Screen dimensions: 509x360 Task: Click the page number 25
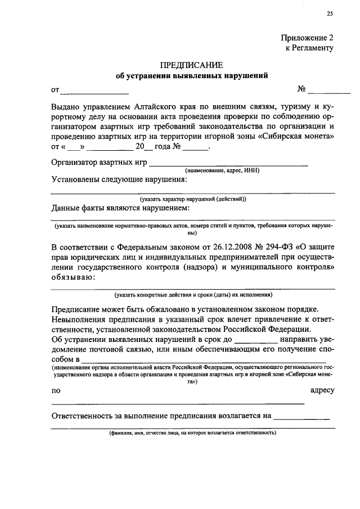coord(330,14)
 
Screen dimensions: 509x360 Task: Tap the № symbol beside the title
coord(301,89)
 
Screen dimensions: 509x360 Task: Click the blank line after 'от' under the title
coord(94,91)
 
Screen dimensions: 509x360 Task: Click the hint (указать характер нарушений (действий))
coord(193,199)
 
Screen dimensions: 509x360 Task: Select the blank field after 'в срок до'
coord(255,340)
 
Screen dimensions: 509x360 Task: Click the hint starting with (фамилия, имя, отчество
coord(192,434)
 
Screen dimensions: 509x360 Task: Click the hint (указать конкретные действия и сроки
coord(193,294)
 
